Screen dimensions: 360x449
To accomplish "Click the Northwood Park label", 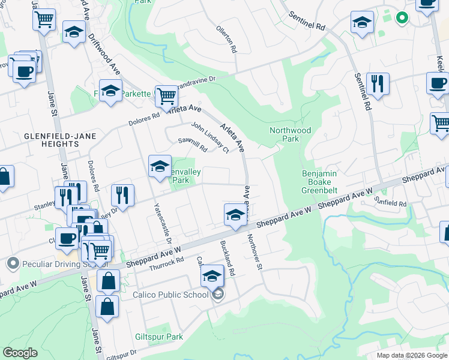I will [291, 134].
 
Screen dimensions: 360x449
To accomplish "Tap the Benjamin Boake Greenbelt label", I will [320, 182].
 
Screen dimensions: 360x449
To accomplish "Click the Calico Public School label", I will [170, 295].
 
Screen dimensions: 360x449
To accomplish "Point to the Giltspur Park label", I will [159, 337].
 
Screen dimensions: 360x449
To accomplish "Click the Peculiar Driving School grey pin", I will [12, 263].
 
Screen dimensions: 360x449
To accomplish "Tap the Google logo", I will [20, 353].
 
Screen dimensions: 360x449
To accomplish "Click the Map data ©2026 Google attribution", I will [411, 355].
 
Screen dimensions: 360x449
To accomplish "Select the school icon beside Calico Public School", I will [212, 277].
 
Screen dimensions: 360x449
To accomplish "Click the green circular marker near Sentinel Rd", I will [402, 18].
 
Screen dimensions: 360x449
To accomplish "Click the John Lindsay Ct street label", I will [210, 137].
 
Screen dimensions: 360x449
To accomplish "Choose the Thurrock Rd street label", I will [166, 263].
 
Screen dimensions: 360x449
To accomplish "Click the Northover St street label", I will [256, 251].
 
